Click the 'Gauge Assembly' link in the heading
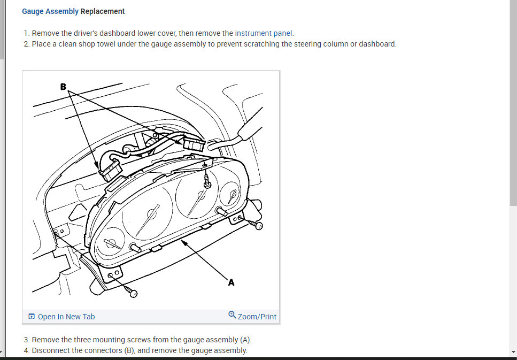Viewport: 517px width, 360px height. tap(50, 11)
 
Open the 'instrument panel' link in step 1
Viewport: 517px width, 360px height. tap(264, 33)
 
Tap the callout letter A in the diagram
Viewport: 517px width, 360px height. tap(231, 282)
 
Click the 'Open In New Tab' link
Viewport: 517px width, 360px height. tap(66, 317)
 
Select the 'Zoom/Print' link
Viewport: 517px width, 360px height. tap(257, 317)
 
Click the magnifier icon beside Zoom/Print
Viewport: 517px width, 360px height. tap(232, 315)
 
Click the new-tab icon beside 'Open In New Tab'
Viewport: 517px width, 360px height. tap(32, 317)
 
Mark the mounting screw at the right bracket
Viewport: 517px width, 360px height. tap(258, 226)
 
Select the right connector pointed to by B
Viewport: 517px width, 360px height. tap(193, 144)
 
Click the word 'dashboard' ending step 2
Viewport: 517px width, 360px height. tap(377, 44)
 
